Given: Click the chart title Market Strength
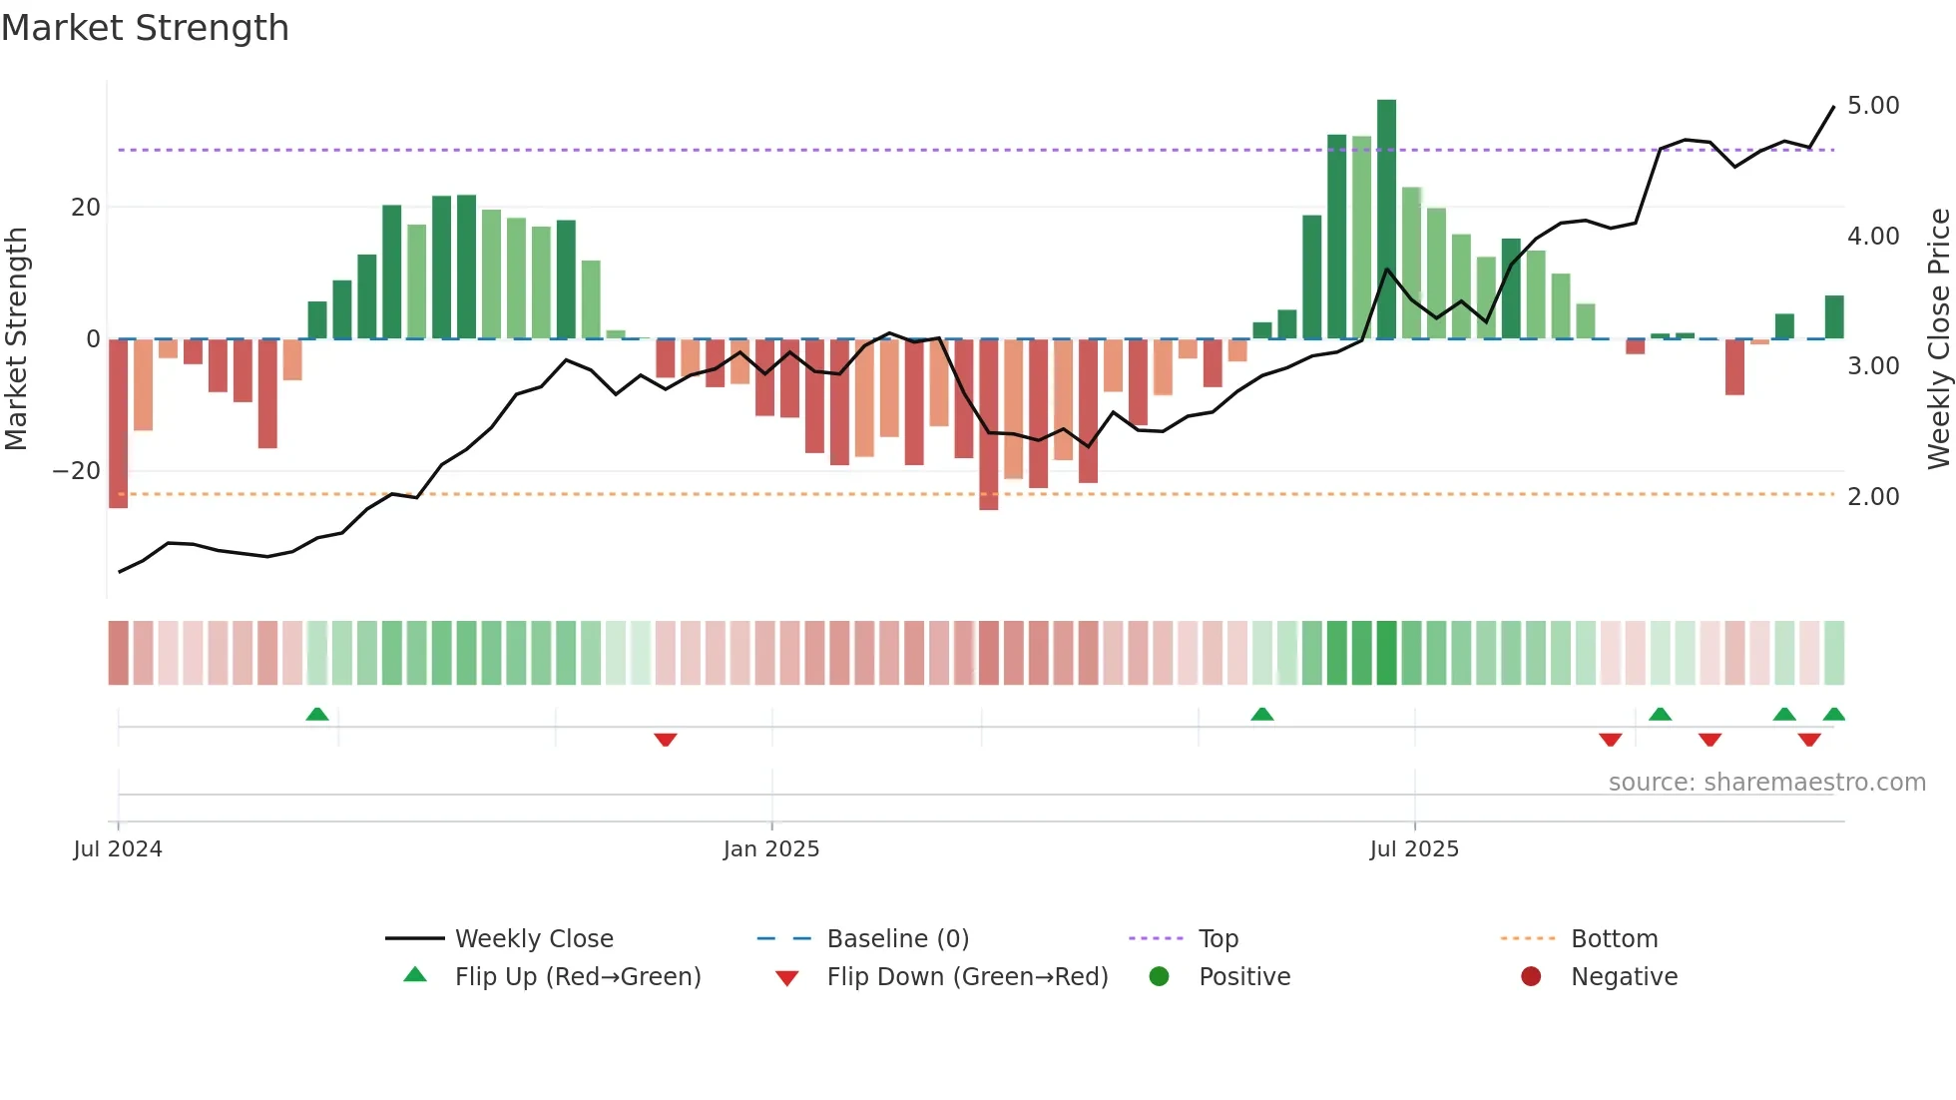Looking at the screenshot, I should pyautogui.click(x=145, y=28).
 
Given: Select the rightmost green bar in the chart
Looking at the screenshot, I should pyautogui.click(x=1834, y=317).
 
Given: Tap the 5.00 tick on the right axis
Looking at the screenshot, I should pyautogui.click(x=1872, y=106).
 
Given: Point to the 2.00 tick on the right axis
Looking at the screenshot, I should pyautogui.click(x=1872, y=497).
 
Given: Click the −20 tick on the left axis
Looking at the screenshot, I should pyautogui.click(x=76, y=471).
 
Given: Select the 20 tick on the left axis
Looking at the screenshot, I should pyautogui.click(x=86, y=208).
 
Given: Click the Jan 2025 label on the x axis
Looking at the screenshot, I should pyautogui.click(x=771, y=849).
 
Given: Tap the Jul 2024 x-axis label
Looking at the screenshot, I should pyautogui.click(x=118, y=849).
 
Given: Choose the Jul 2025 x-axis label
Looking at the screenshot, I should pyautogui.click(x=1414, y=849).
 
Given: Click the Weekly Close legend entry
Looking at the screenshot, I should pyautogui.click(x=533, y=939).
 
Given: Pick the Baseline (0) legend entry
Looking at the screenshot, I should pyautogui.click(x=897, y=939).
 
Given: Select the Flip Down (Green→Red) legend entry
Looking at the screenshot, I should pyautogui.click(x=966, y=977).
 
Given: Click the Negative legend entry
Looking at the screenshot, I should pyautogui.click(x=1624, y=977).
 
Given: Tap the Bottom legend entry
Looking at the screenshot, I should pyautogui.click(x=1614, y=939).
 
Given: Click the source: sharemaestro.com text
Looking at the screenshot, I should pyautogui.click(x=1766, y=783).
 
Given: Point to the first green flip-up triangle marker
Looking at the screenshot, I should pyautogui.click(x=317, y=715).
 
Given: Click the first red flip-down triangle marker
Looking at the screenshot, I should pyautogui.click(x=666, y=740).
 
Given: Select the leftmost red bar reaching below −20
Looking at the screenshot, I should pyautogui.click(x=118, y=423).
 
